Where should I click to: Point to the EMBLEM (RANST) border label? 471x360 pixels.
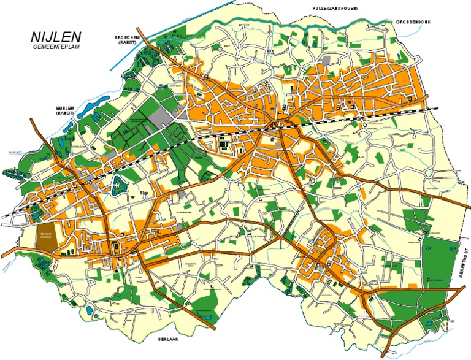64,110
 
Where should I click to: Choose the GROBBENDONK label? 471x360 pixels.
413,21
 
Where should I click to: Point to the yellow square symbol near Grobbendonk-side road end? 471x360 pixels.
409,98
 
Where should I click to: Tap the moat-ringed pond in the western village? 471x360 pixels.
117,183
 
